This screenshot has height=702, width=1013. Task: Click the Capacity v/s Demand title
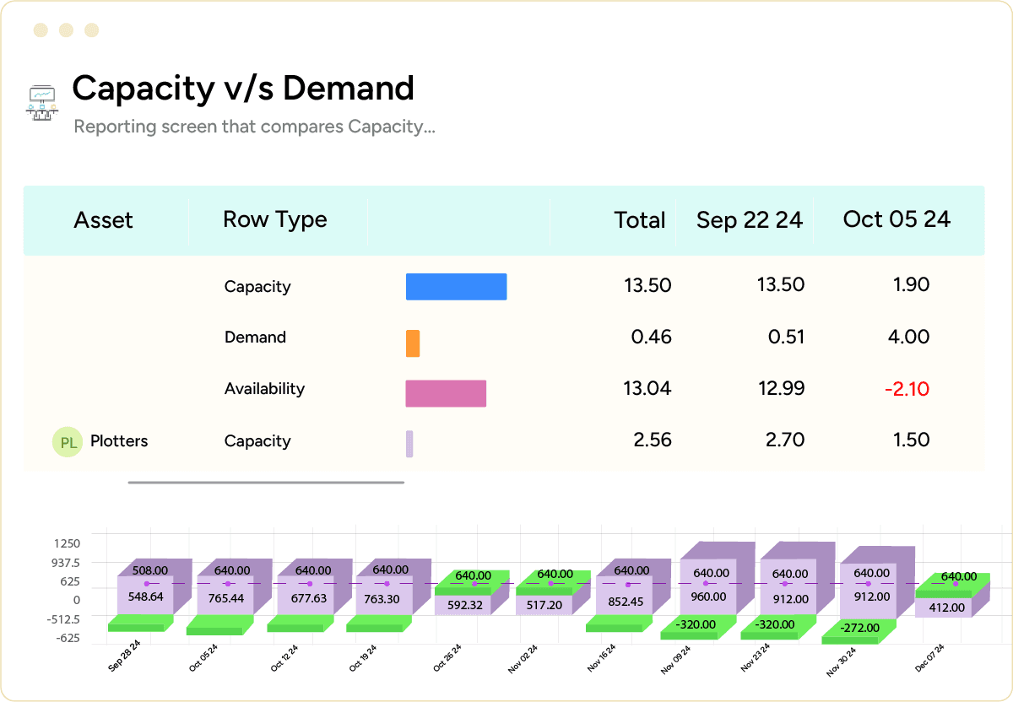(243, 89)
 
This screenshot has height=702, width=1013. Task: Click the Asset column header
(103, 220)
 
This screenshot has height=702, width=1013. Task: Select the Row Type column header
(274, 219)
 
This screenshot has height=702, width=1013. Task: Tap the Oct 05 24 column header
(897, 219)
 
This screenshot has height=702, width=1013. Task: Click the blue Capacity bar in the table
(456, 287)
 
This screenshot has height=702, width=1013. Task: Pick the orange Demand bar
(413, 343)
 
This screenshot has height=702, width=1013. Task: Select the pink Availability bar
(446, 393)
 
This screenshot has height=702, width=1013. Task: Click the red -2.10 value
(907, 389)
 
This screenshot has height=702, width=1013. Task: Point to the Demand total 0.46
(651, 337)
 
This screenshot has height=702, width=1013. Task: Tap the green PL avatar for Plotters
(68, 442)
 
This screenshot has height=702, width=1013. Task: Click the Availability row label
(264, 389)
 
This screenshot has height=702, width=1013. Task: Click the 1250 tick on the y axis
(66, 544)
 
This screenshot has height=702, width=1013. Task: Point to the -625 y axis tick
(68, 638)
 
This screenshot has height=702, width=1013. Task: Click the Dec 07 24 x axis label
(929, 658)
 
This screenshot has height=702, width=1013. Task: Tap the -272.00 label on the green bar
(860, 628)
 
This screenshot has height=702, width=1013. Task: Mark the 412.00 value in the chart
(946, 607)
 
